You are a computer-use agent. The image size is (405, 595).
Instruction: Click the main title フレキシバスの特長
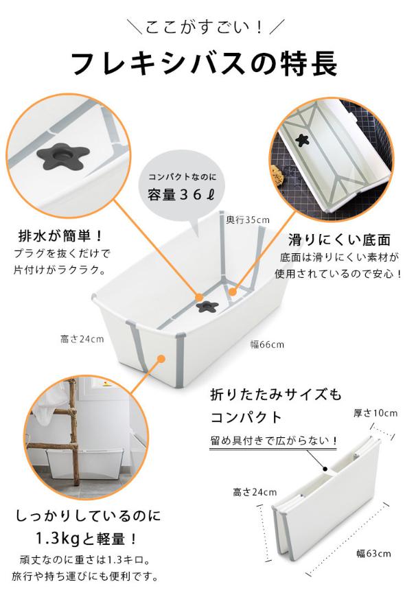click(205, 65)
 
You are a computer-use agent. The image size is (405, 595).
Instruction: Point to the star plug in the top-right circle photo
click(301, 140)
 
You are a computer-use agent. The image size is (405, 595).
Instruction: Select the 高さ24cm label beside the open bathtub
click(82, 339)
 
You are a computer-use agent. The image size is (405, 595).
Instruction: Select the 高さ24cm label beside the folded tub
click(254, 492)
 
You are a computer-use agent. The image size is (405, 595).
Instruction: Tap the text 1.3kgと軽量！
click(82, 537)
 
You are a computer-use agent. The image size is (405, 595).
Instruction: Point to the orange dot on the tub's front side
click(161, 358)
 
